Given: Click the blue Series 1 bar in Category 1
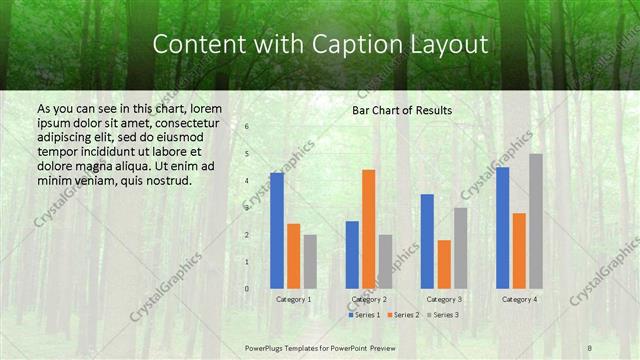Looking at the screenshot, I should click(277, 231).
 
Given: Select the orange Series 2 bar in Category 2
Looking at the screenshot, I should click(369, 229).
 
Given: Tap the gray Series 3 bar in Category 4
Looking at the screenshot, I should click(536, 221).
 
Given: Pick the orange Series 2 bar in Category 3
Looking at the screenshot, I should click(444, 264).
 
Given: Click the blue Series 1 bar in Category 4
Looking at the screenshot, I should click(502, 228).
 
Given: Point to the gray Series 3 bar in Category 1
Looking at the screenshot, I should click(310, 262).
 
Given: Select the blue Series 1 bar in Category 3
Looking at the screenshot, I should click(427, 241).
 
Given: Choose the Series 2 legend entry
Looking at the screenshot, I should click(403, 315).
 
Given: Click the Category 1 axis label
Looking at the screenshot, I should click(293, 299).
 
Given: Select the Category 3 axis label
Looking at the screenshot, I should click(444, 299).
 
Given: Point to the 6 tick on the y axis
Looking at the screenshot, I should click(246, 128).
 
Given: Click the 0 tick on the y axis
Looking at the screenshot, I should click(246, 289).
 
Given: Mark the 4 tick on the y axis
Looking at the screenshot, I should click(246, 182).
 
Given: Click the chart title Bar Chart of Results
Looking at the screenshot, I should click(402, 110).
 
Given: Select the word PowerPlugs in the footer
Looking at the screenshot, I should click(265, 348).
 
